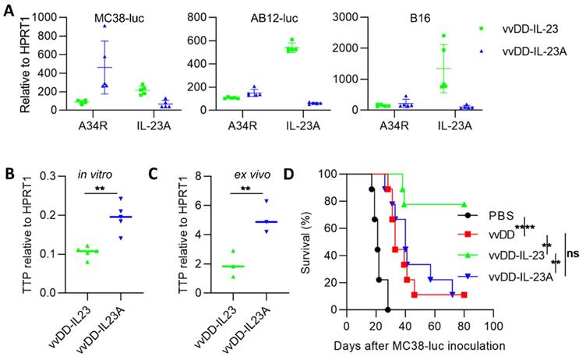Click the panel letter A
[x=9, y=9]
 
